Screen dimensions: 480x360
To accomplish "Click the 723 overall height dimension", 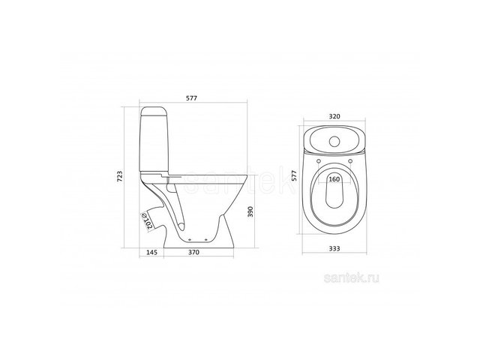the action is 120,177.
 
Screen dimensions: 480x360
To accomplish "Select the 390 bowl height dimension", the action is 250,211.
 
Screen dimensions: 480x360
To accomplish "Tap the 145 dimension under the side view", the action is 151,252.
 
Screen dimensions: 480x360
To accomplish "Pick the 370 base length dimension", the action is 193,252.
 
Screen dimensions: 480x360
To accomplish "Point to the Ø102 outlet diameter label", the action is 147,221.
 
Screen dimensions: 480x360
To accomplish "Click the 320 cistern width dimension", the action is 334,116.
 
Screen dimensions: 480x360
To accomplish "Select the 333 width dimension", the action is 334,248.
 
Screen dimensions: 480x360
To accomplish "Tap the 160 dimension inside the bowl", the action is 334,179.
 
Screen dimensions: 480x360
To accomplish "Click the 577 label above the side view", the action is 192,98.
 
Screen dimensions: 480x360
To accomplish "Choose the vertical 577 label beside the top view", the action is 295,175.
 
